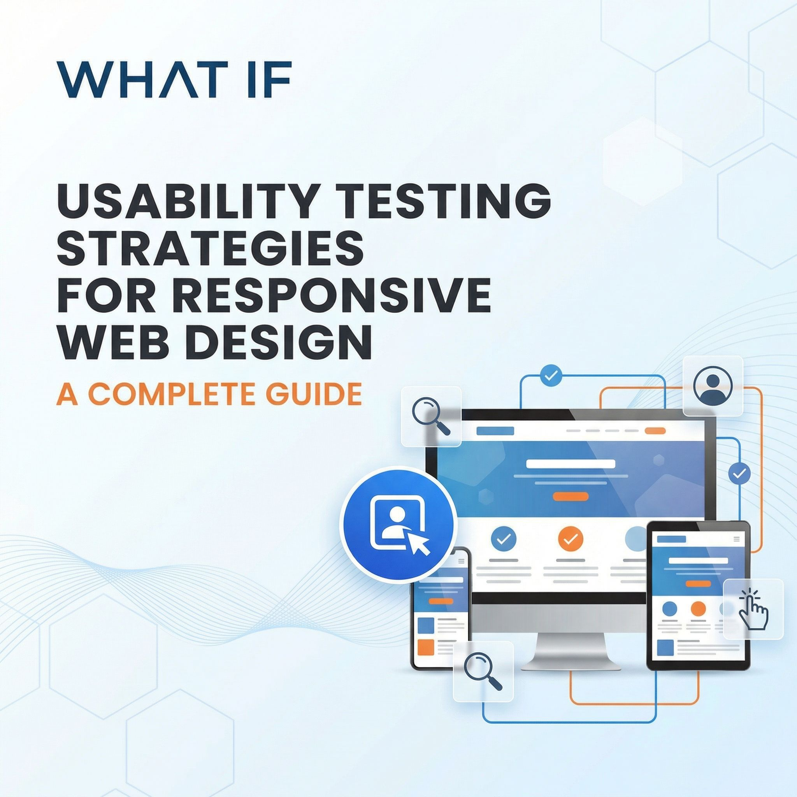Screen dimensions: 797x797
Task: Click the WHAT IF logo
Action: coord(174,80)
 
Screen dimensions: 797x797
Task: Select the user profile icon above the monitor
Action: coord(713,386)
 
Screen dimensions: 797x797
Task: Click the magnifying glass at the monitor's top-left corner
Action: coord(431,416)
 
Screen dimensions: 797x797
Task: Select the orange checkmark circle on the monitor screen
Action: coord(571,538)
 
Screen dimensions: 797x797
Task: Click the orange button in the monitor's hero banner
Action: coord(571,496)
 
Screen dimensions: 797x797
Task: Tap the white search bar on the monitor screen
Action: coord(571,463)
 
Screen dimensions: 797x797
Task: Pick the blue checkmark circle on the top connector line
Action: coord(551,375)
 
